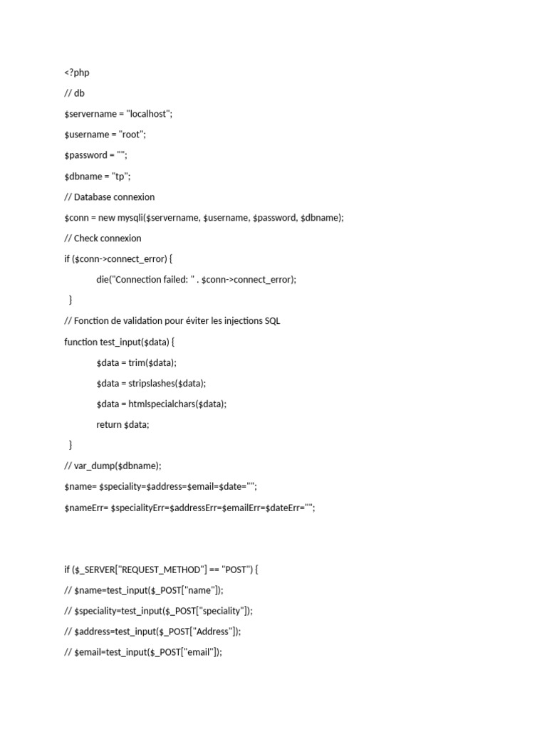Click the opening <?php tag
[77, 73]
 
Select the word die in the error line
[103, 279]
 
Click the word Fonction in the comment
[92, 320]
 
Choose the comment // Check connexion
[103, 238]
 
